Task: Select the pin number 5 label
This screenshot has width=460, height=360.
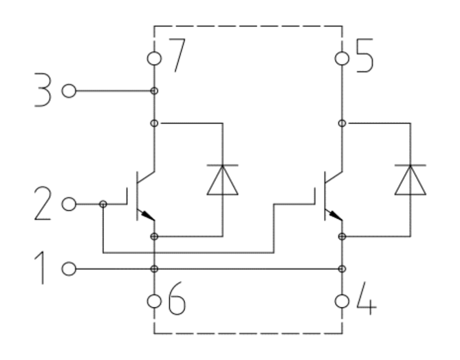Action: (364, 55)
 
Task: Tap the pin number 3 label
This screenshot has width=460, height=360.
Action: (43, 89)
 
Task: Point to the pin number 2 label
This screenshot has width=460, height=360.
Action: (43, 203)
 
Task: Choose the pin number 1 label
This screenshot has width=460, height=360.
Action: (41, 268)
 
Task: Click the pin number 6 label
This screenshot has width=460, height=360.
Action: (177, 298)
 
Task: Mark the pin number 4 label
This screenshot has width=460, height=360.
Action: (366, 298)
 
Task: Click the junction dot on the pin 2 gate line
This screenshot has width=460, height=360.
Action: (103, 204)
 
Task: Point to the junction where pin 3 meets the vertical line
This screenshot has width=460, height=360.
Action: (154, 91)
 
